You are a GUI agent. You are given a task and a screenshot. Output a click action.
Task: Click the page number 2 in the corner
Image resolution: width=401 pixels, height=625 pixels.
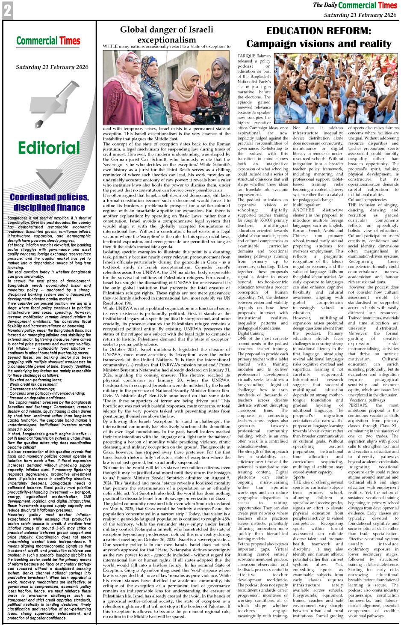coord(7,10)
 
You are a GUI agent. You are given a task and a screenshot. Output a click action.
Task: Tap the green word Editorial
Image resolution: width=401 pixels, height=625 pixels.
coord(49,148)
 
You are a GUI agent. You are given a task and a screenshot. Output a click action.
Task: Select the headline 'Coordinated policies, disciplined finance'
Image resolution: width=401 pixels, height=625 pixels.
coord(49,202)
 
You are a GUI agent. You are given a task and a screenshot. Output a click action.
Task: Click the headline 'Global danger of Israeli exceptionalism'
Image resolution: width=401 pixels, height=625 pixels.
coord(166,35)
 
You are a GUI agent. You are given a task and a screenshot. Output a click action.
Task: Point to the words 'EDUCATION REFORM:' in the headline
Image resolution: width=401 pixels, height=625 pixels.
coord(318,31)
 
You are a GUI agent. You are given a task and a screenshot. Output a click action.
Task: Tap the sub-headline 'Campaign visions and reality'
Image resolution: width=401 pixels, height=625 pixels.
coord(318,44)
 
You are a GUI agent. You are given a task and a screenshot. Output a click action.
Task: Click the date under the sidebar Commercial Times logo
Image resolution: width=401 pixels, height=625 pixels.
coord(52,67)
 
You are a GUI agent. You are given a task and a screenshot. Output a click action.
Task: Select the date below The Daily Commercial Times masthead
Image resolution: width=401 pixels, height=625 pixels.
coord(360,15)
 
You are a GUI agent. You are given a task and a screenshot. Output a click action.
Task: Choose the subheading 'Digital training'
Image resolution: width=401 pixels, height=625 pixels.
coord(251,333)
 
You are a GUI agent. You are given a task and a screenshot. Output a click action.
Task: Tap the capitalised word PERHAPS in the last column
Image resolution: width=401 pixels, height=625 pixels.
coord(358,405)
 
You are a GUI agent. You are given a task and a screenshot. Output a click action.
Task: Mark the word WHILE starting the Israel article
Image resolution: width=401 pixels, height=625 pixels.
coord(110,47)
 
